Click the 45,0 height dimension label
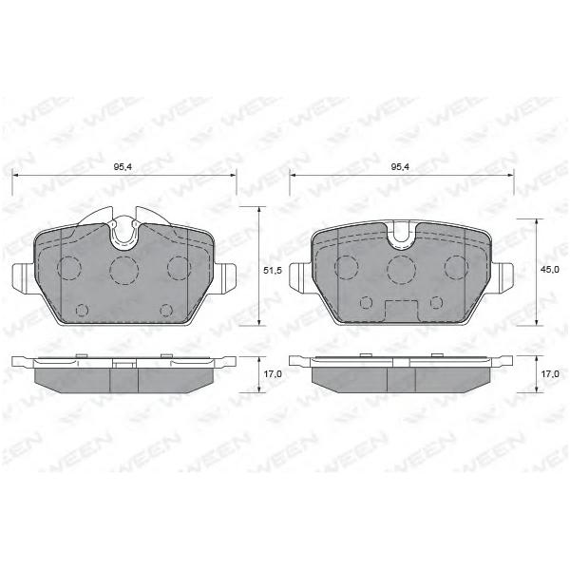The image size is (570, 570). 551,270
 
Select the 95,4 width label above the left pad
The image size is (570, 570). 123,167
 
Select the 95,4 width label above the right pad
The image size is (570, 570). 401,167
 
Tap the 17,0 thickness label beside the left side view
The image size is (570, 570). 274,374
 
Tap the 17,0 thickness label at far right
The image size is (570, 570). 551,373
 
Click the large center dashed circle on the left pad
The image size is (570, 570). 124,270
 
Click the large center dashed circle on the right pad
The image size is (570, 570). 401,270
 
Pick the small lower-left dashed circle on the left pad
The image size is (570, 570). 82,310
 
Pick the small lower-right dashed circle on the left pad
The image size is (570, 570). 166,310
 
